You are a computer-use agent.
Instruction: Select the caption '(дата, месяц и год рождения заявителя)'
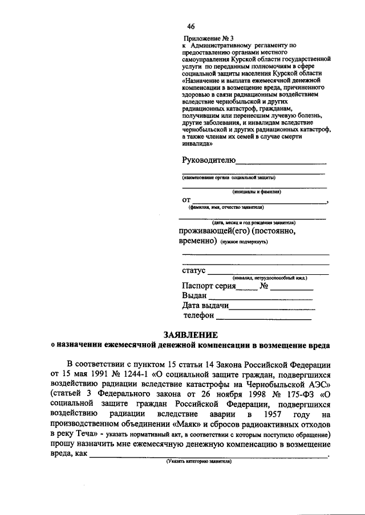point(253,222)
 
